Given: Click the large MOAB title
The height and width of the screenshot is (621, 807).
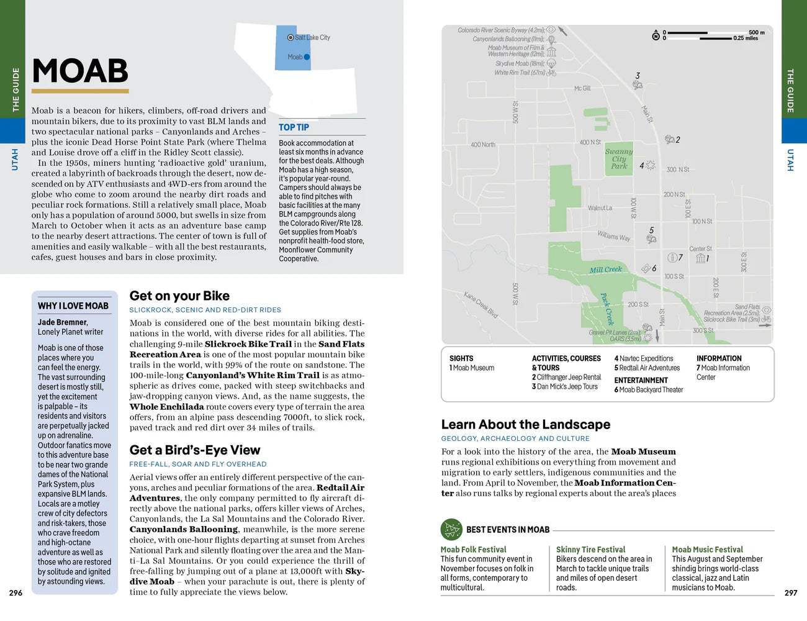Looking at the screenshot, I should click(x=80, y=71).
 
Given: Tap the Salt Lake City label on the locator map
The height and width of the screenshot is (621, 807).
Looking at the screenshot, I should click(x=312, y=38).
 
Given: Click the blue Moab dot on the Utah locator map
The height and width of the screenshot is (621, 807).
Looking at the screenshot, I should click(x=307, y=57).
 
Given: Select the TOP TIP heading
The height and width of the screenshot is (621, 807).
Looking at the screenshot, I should click(x=294, y=127).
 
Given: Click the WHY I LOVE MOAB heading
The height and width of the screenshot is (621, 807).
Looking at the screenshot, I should click(x=73, y=306).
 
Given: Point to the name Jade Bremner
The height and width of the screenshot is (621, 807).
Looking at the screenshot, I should click(x=62, y=322).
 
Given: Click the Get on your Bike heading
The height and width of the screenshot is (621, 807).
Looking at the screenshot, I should click(x=179, y=296).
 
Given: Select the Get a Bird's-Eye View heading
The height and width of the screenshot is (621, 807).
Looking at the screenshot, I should click(x=195, y=450).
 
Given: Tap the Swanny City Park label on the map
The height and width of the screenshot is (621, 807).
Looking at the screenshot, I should click(x=619, y=158).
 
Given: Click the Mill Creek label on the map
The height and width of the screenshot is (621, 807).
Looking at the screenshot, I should click(x=605, y=270).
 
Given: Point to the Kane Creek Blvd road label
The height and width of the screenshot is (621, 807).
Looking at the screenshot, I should click(x=480, y=304).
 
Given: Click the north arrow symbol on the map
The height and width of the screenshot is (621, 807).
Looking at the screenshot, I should click(x=656, y=35).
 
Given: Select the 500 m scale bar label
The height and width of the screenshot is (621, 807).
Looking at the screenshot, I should click(x=756, y=32).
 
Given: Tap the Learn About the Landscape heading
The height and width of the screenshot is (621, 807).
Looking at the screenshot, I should click(x=526, y=425).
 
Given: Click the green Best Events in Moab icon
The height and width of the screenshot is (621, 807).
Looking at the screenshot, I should click(x=451, y=530).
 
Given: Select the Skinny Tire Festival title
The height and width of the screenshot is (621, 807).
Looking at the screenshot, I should click(x=590, y=550).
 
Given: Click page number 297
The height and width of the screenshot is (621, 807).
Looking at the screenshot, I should click(x=790, y=593).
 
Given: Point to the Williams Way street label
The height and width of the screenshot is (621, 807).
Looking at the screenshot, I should click(x=613, y=236).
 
